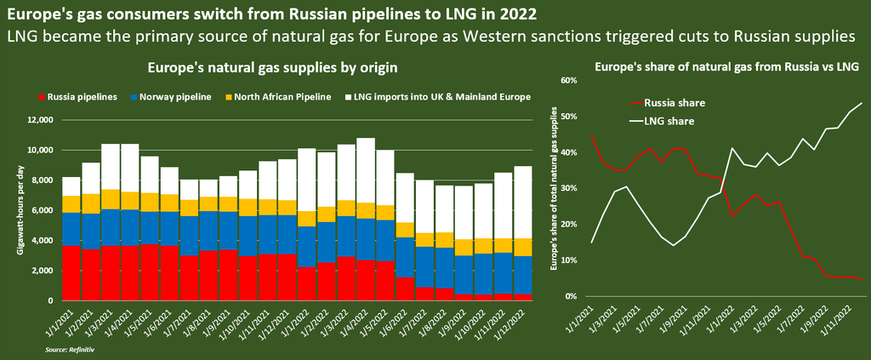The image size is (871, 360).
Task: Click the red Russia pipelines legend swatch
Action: point(43,97)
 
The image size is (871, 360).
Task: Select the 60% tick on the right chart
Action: point(568,80)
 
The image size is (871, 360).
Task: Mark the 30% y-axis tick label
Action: point(568,188)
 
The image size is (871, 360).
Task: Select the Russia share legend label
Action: point(675,102)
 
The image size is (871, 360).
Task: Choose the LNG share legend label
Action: point(670,121)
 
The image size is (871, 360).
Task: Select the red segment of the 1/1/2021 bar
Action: point(71,273)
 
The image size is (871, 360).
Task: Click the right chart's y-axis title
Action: point(554,189)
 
